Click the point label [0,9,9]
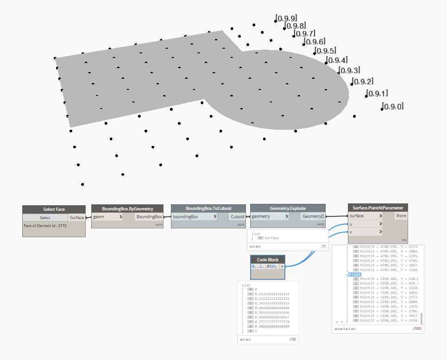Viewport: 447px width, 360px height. pyautogui.click(x=286, y=18)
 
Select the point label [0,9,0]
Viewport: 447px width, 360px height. pyautogui.click(x=392, y=107)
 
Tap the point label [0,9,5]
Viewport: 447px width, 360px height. pyautogui.click(x=325, y=51)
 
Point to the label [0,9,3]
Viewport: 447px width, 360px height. pyautogui.click(x=349, y=70)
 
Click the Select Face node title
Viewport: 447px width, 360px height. pyautogui.click(x=54, y=209)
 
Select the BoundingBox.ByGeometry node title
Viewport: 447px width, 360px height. pyautogui.click(x=127, y=209)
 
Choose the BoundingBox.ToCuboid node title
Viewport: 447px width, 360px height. pyautogui.click(x=208, y=208)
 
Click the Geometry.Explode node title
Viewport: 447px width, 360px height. pyautogui.click(x=288, y=208)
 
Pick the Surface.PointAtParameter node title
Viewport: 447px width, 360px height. pyautogui.click(x=378, y=208)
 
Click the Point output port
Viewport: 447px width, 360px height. pyautogui.click(x=401, y=216)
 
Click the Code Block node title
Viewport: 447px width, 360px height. pyautogui.click(x=268, y=259)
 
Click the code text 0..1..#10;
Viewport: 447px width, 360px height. pyautogui.click(x=264, y=267)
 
